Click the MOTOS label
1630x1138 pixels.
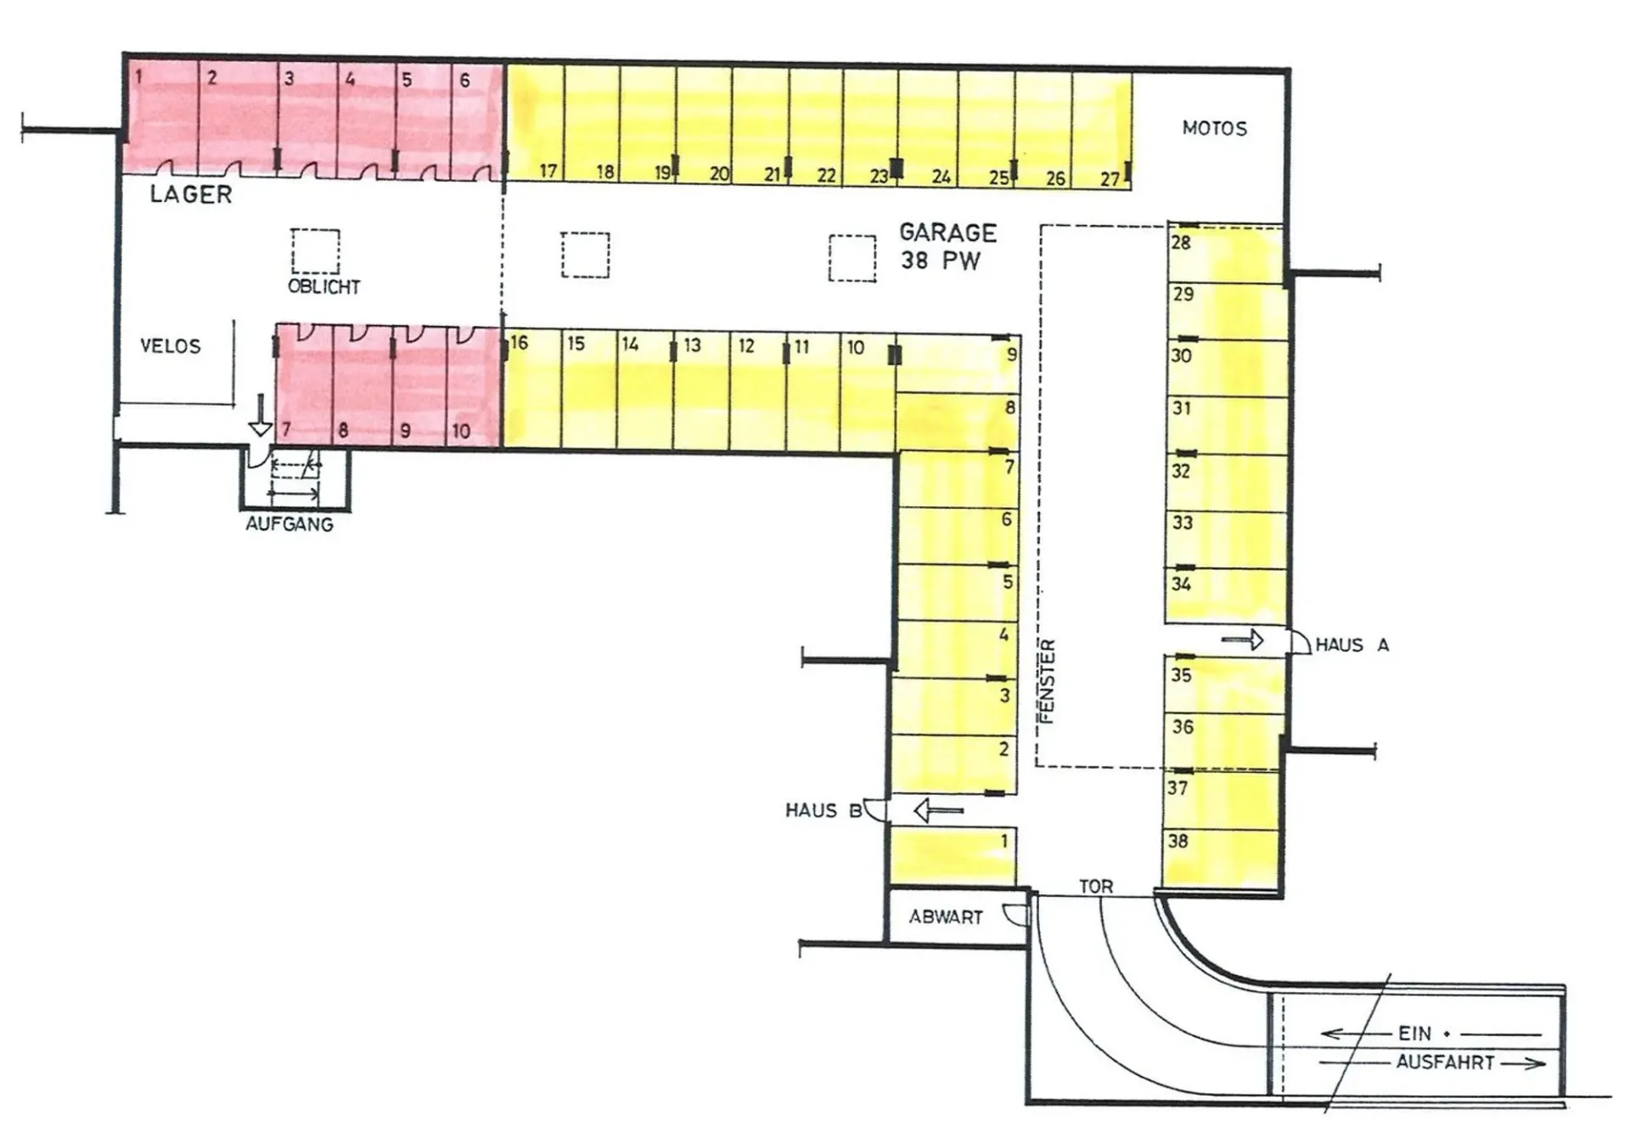point(1214,129)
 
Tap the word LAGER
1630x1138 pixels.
point(191,194)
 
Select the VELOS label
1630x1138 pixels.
point(171,346)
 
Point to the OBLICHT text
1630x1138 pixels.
point(323,287)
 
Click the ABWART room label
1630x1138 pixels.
point(946,917)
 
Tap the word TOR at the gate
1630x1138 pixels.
point(1096,887)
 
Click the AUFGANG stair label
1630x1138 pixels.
point(289,524)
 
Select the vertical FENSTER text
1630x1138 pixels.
point(1048,681)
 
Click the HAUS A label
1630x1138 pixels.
point(1352,645)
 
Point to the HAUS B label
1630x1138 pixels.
point(823,811)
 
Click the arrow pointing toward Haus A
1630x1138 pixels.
point(1243,639)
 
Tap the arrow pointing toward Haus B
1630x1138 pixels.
point(938,811)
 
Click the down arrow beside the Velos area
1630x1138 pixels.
point(261,415)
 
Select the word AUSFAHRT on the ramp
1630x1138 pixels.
point(1445,1062)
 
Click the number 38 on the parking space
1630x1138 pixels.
point(1178,842)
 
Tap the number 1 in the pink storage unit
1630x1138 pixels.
point(138,77)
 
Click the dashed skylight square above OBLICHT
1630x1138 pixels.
point(316,251)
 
